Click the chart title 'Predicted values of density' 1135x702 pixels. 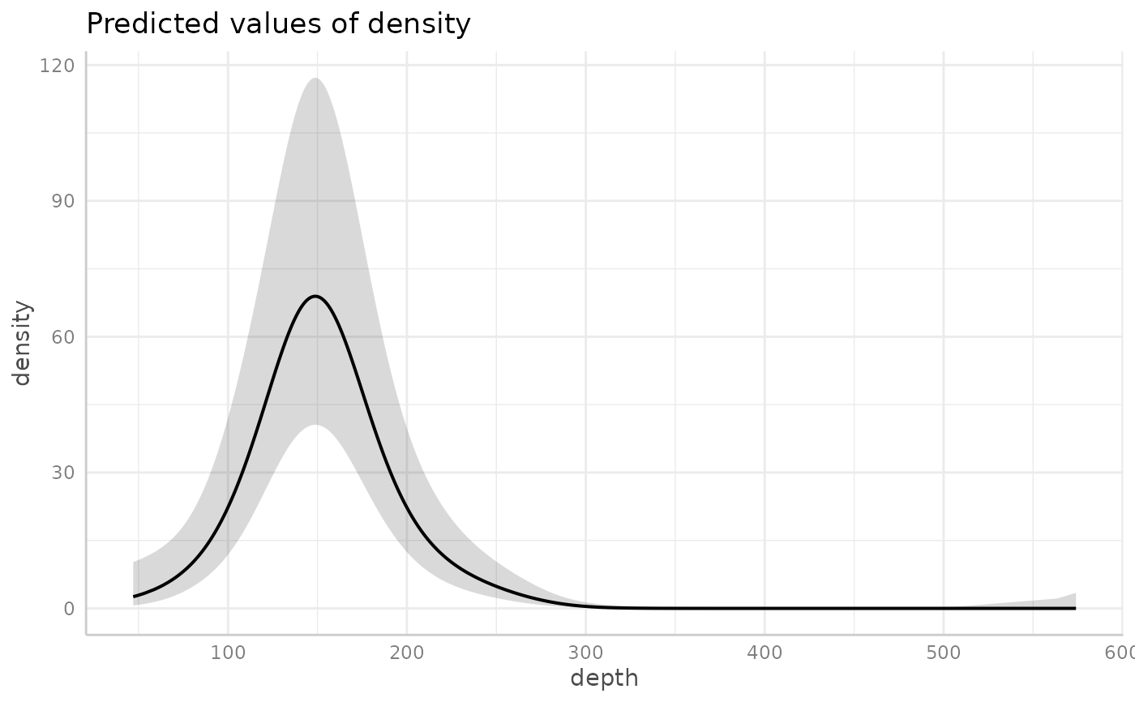coord(278,24)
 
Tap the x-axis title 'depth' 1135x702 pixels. coord(604,678)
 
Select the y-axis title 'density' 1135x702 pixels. coord(23,344)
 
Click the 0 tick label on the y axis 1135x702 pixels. coord(68,608)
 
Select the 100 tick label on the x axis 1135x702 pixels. coord(228,653)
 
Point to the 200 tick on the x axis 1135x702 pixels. coord(407,653)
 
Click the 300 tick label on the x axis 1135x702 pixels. coord(585,653)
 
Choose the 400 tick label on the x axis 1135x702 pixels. coord(765,653)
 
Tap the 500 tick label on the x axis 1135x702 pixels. coord(944,653)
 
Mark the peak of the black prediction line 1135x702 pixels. coord(315,296)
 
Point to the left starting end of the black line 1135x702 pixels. coord(134,597)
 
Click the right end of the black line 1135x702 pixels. coord(1075,608)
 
